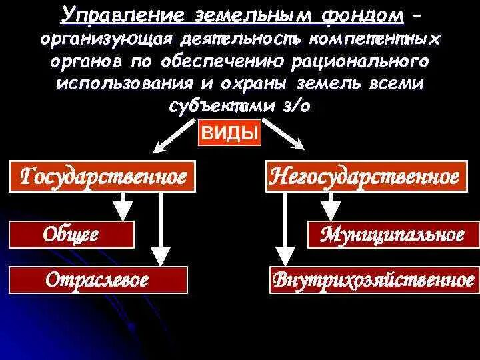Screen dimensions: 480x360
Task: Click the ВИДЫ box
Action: point(230,133)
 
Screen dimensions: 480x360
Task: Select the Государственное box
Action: point(103,177)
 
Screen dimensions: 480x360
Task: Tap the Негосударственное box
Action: point(364,177)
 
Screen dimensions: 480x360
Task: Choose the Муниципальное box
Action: point(393,234)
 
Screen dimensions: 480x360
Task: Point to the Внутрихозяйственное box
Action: point(373,279)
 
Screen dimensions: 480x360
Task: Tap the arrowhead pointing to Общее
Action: point(122,211)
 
